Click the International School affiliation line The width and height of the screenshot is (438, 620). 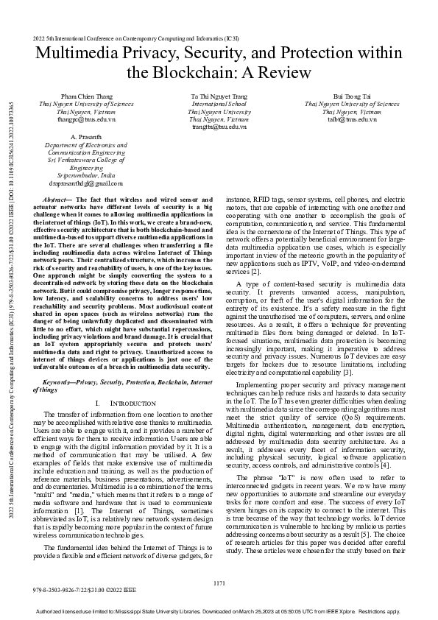[219, 105]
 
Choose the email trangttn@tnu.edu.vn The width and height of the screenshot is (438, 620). [219, 126]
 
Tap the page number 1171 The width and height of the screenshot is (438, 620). [219, 583]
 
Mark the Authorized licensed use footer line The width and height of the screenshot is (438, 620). [219, 612]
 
